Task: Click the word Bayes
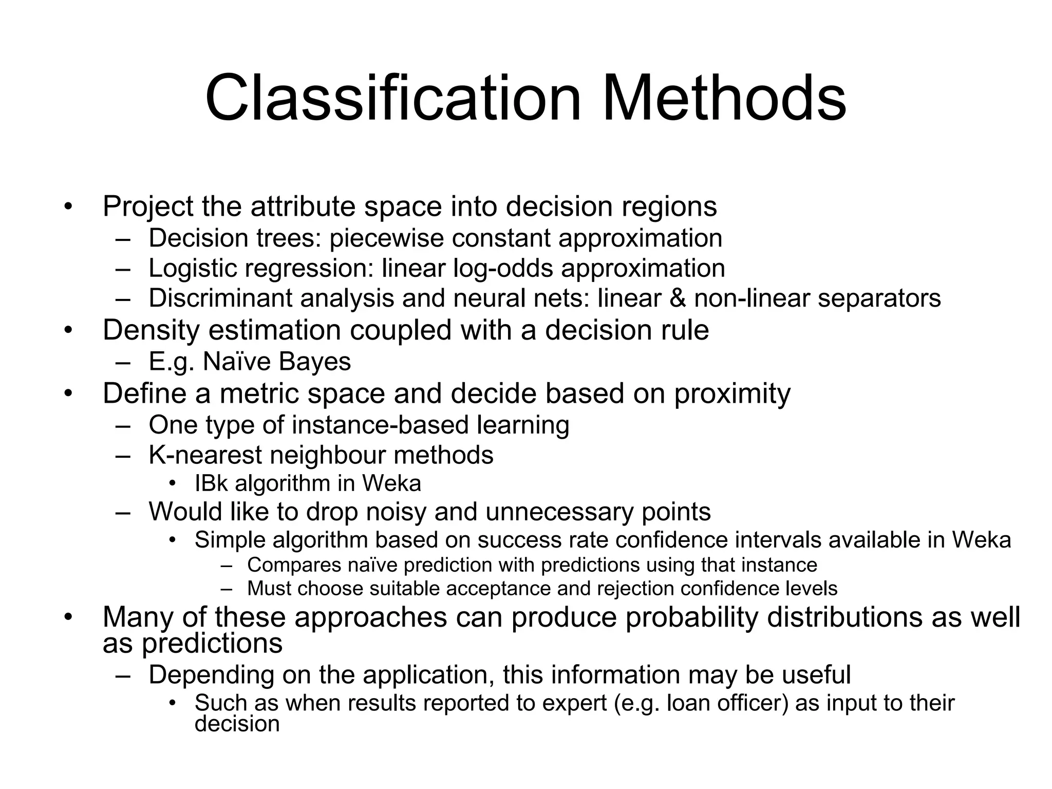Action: click(315, 362)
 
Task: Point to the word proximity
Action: click(732, 394)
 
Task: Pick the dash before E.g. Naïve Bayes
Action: click(123, 362)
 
